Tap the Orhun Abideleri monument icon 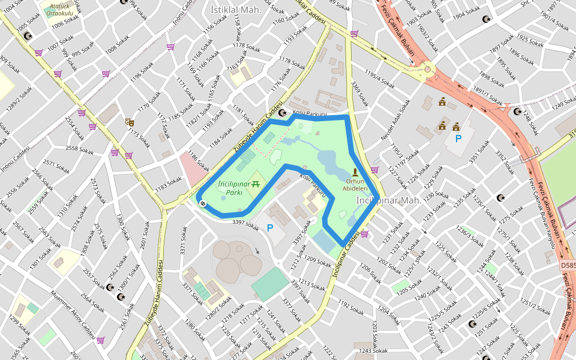[x=355, y=172]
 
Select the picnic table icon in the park [x=256, y=183]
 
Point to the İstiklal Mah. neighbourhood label [x=236, y=10]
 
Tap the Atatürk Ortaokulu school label [x=61, y=10]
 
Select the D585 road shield [x=568, y=265]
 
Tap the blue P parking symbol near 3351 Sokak [x=458, y=139]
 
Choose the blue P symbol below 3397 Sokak [x=270, y=228]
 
